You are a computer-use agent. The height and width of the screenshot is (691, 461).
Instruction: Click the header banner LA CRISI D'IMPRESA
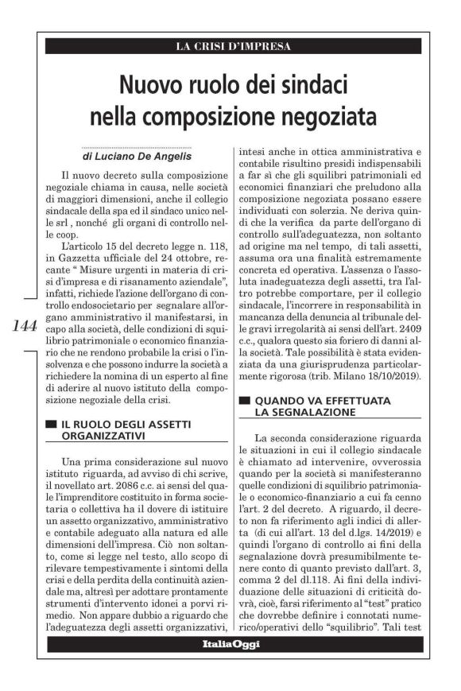click(x=233, y=46)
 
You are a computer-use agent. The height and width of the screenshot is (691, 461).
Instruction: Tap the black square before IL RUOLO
click(x=52, y=425)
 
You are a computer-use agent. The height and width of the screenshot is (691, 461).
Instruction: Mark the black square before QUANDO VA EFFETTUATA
click(x=245, y=402)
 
